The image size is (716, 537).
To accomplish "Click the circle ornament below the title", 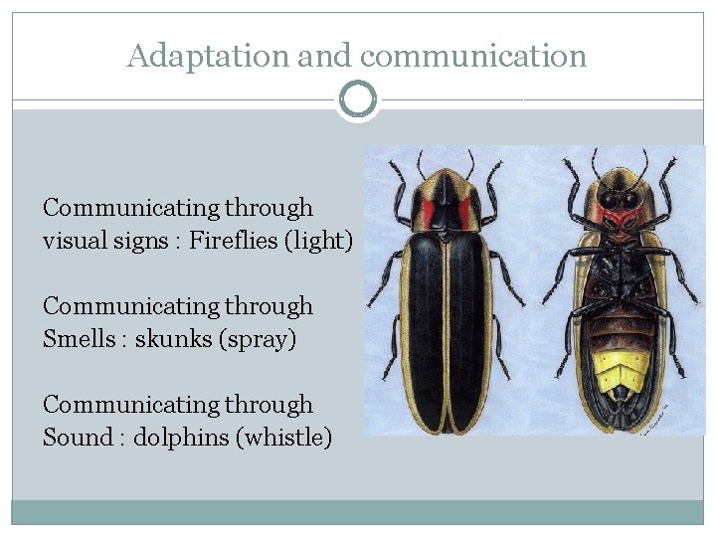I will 358,99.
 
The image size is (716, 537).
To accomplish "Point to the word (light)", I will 320,241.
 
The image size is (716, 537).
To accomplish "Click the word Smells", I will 80,338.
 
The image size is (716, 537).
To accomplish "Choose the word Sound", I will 78,437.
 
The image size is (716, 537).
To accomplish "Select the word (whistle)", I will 282,437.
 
